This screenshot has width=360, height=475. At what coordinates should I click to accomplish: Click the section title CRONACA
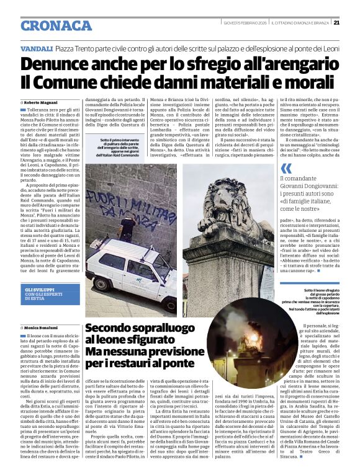56,25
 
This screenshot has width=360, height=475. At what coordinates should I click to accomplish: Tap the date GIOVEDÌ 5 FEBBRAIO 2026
247,23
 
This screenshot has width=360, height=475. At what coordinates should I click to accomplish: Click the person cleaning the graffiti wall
127,228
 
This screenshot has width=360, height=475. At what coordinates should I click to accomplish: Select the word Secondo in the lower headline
112,328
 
